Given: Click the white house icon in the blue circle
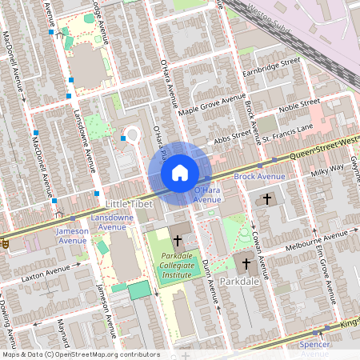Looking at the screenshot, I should click(179, 172).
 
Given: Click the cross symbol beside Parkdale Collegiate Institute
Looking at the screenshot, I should click(178, 239).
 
